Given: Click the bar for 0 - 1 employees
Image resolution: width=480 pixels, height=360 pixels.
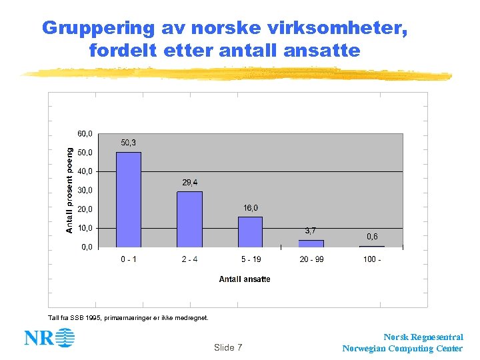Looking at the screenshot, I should pos(129,199).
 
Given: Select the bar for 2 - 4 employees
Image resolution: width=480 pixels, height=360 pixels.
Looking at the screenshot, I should pos(189,219).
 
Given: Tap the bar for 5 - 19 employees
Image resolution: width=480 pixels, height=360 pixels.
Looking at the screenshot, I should pos(250,232).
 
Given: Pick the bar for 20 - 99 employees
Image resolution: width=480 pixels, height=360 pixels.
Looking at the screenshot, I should pos(311,243).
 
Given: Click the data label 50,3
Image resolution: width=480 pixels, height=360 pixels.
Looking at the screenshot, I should pos(129,143).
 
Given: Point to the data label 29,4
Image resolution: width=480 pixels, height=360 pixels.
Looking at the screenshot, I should pos(189,182).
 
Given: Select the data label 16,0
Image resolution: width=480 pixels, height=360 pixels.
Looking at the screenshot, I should pos(251,208).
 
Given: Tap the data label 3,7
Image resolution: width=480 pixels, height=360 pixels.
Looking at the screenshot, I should pos(311,231).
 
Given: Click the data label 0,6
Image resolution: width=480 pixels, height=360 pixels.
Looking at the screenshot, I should pos(372,237).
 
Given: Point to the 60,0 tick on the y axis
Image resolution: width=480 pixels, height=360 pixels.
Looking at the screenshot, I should pos(85,134).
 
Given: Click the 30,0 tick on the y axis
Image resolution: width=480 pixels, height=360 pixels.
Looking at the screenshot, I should pos(85,191).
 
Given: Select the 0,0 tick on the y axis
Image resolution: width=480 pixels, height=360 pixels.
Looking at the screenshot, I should pos(87,247).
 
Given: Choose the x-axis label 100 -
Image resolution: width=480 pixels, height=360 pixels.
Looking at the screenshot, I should pos(372,259).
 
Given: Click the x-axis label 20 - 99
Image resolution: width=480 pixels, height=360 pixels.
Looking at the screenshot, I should pos(311,259).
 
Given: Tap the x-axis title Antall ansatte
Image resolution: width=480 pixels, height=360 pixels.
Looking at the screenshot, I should pos(245,279).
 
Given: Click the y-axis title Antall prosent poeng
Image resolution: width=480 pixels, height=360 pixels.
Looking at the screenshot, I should pos(69,191).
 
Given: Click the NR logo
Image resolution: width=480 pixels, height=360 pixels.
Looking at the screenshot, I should pos(49,338).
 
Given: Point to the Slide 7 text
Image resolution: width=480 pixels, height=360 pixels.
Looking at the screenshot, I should pos(228,347).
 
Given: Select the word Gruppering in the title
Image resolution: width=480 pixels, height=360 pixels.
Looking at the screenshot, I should pos(98,28).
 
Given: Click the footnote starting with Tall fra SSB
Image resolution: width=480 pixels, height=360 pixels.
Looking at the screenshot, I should pos(129,317).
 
